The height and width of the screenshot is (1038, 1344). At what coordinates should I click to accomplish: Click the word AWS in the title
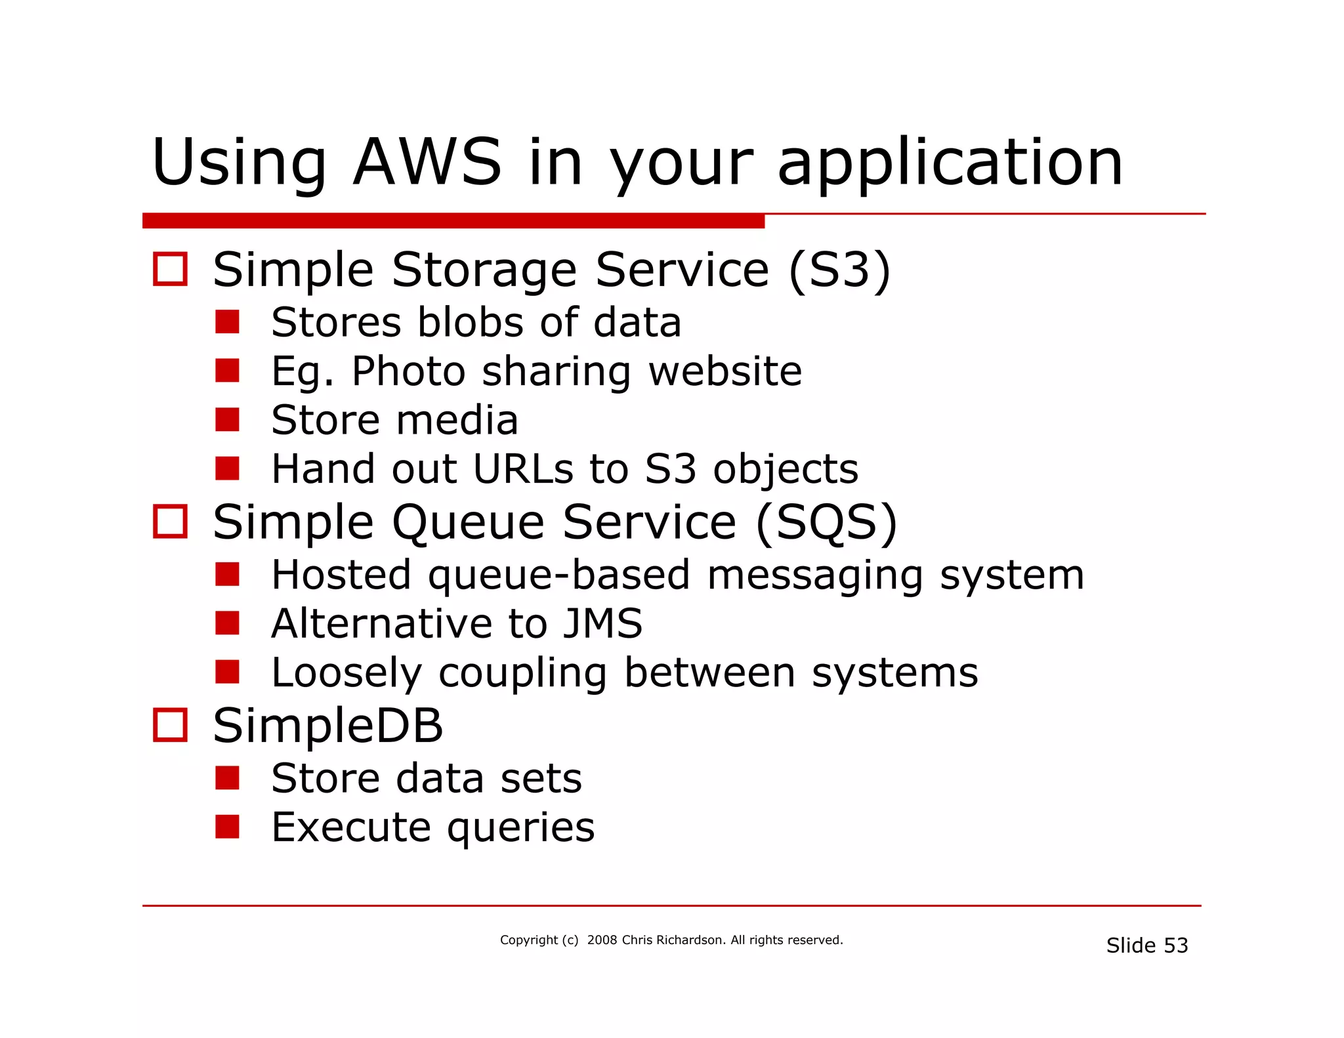pyautogui.click(x=427, y=163)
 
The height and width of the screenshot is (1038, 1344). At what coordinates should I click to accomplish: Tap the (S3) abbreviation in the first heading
pyautogui.click(x=839, y=270)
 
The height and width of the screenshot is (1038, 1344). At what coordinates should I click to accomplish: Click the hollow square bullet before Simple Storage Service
pyautogui.click(x=170, y=269)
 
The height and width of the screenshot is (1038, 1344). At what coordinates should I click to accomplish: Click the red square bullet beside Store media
pyautogui.click(x=227, y=420)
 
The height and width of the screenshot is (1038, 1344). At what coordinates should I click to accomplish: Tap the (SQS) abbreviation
pyautogui.click(x=826, y=522)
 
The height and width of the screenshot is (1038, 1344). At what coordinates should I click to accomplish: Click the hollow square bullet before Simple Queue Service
pyautogui.click(x=170, y=522)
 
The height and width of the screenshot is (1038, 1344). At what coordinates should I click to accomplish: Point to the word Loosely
pyautogui.click(x=346, y=673)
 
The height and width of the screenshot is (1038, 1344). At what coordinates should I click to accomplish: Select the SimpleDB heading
pyautogui.click(x=328, y=726)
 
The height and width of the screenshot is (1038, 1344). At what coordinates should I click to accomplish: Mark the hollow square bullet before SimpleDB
pyautogui.click(x=170, y=725)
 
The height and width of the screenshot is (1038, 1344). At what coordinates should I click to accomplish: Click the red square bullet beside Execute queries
pyautogui.click(x=227, y=827)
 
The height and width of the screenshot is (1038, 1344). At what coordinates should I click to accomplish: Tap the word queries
pyautogui.click(x=521, y=828)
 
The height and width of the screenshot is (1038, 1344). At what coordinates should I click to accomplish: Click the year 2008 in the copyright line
pyautogui.click(x=602, y=940)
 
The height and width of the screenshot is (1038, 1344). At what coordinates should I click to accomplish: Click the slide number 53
pyautogui.click(x=1175, y=945)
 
